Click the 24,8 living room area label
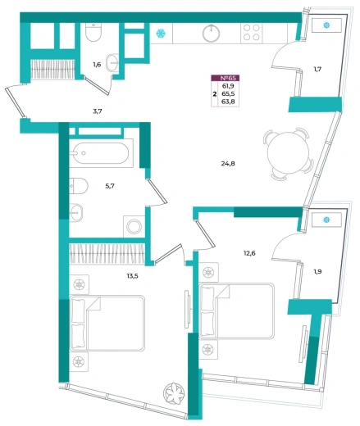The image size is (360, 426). pos(228,164)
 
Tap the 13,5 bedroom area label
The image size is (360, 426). pos(132,276)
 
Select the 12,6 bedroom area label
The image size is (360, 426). pos(249,253)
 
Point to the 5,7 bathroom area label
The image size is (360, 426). pos(110,186)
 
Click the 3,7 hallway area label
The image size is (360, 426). pos(98,111)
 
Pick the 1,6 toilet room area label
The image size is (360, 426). pos(97,65)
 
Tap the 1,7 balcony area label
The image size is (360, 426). pos(317,69)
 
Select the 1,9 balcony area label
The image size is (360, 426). pos(317,271)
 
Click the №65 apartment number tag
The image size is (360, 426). pos(226,78)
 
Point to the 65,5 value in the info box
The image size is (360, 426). pos(228,93)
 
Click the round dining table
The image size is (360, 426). pos(288,153)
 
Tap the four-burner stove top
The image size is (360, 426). pos(252,33)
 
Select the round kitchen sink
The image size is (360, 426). pos(211,34)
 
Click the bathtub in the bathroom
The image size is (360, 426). pos(101,153)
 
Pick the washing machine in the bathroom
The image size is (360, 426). pos(134,227)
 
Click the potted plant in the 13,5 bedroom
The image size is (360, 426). pos(174,393)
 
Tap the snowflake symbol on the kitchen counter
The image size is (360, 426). pos(161,34)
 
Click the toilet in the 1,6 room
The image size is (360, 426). pos(93,32)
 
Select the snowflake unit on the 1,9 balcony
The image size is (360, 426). pos(326,220)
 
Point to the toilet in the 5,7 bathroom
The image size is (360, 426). pos(79,186)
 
